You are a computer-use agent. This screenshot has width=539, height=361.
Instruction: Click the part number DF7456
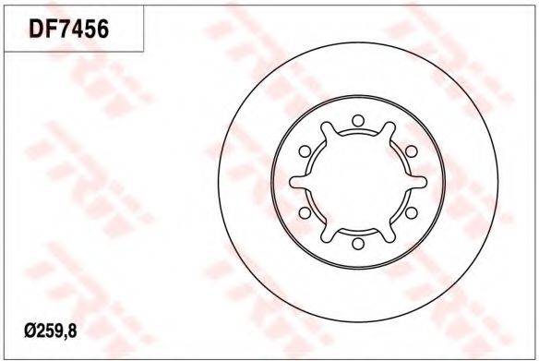point(68,29)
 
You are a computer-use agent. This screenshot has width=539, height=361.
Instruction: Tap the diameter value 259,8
point(55,331)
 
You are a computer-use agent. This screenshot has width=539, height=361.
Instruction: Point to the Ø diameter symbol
point(30,331)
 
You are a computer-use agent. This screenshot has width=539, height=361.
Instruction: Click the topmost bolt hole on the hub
point(358,120)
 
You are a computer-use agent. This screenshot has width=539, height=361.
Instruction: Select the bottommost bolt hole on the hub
point(358,244)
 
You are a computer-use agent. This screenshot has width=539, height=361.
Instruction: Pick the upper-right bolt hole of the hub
point(412,151)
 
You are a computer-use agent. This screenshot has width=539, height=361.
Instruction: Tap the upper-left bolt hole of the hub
point(305,151)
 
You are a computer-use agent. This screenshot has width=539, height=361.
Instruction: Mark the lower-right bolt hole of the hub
point(412,213)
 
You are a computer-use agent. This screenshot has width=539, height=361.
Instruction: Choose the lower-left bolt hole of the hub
point(305,213)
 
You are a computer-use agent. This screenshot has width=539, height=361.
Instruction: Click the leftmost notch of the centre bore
point(298,182)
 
